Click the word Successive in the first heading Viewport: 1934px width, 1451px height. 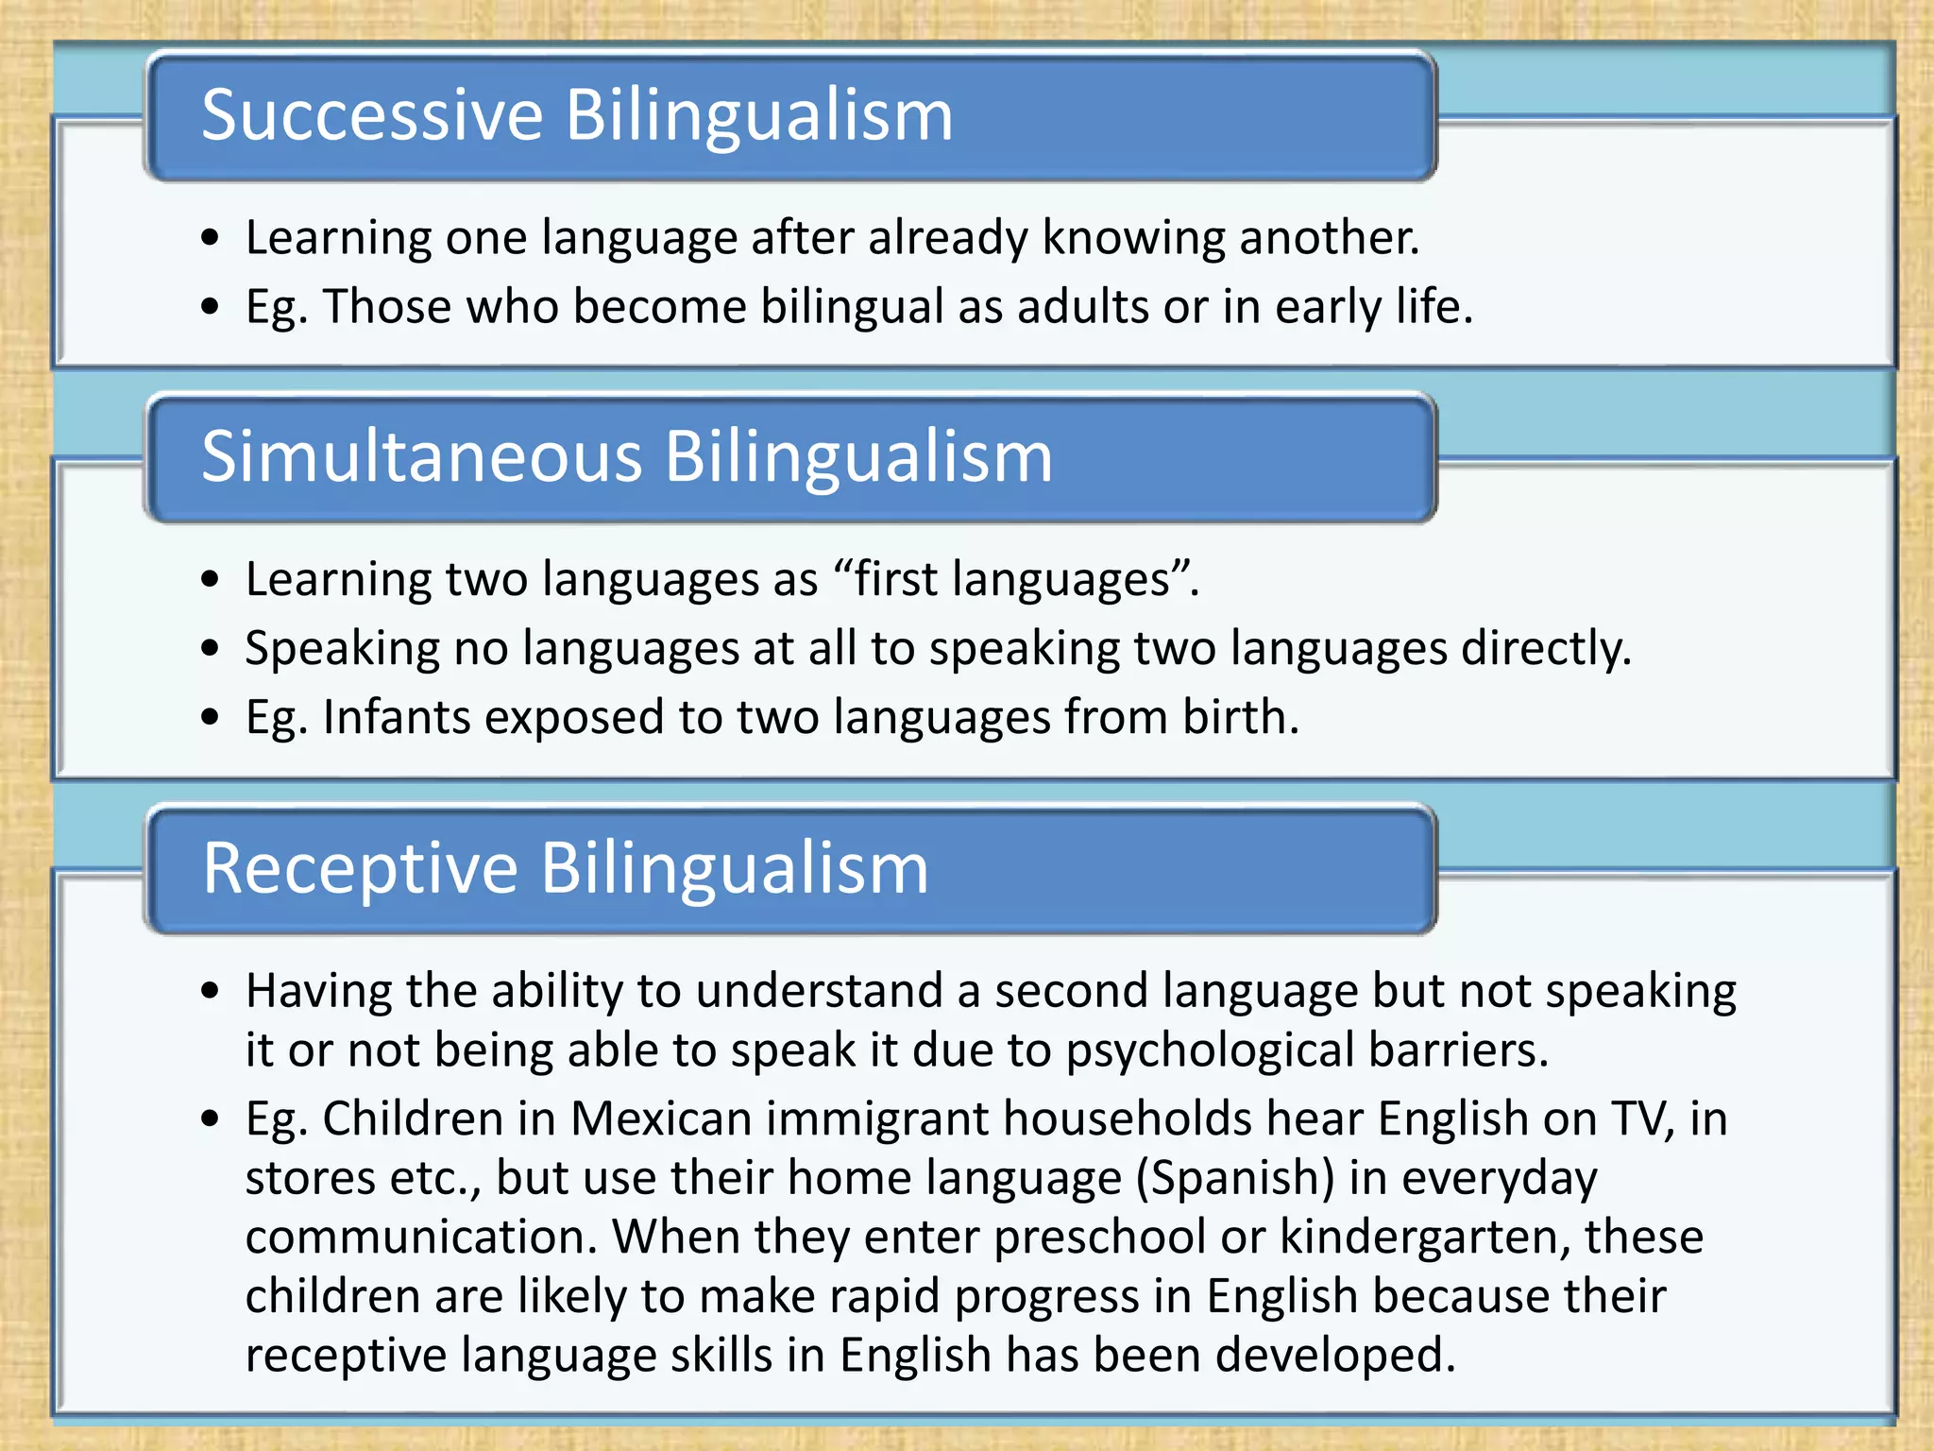coord(372,115)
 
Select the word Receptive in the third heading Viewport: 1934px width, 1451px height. coord(361,868)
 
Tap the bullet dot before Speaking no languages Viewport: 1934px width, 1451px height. coord(211,649)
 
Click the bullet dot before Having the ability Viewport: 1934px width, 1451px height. coord(211,992)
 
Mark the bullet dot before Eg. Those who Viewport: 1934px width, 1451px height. coord(211,307)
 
